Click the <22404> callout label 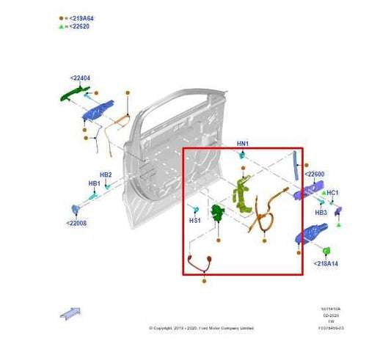(x=81, y=78)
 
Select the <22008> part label (x=77, y=223)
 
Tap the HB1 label (x=95, y=183)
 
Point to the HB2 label (x=106, y=175)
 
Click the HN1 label (x=243, y=144)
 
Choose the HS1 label (x=195, y=220)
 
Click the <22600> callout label (x=315, y=175)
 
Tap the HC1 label (x=332, y=193)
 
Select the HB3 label (x=321, y=213)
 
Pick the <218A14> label (x=326, y=262)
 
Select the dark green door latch (x=217, y=214)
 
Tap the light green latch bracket (x=240, y=194)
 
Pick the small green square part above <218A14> (x=327, y=250)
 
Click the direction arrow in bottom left (x=70, y=312)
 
